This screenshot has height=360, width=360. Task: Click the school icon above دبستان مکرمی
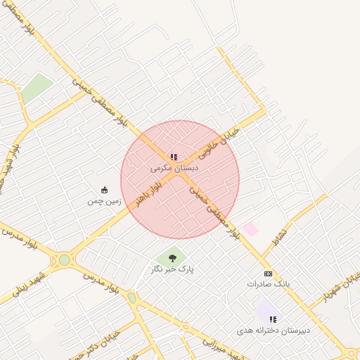(174, 157)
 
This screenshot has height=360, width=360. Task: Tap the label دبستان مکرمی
(174, 168)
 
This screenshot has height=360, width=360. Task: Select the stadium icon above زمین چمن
(105, 190)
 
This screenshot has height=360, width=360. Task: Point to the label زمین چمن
(105, 201)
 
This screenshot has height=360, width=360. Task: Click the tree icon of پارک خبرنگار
(173, 258)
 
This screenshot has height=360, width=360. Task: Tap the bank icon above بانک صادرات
(268, 273)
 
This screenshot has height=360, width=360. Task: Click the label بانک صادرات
(268, 284)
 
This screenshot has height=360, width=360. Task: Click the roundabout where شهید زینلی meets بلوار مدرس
(65, 259)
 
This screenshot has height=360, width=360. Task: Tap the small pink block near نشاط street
(251, 229)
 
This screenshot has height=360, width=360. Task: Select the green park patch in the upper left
(37, 87)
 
